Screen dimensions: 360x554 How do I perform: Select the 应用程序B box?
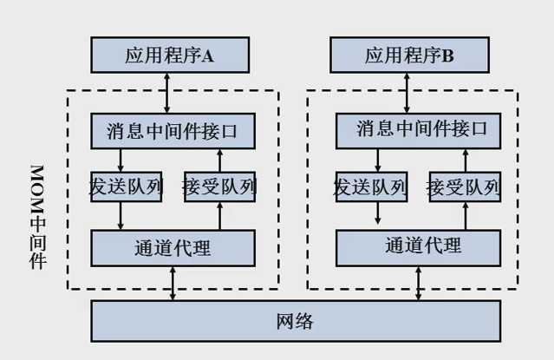pyautogui.click(x=409, y=56)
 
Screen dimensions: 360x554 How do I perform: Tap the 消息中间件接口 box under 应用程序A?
pyautogui.click(x=173, y=130)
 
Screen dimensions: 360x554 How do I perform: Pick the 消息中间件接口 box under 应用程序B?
pyautogui.click(x=420, y=129)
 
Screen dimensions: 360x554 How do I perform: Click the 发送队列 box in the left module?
pyautogui.click(x=127, y=187)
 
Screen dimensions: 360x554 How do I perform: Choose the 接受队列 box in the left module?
pyautogui.click(x=218, y=187)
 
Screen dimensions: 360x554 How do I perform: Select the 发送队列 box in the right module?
pyautogui.click(x=370, y=187)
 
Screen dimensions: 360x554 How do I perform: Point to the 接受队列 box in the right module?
pyautogui.click(x=464, y=187)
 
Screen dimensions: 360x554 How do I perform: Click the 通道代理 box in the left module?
pyautogui.click(x=173, y=247)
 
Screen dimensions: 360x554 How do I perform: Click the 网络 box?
pyautogui.click(x=295, y=321)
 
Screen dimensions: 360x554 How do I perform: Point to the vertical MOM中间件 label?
pyautogui.click(x=37, y=216)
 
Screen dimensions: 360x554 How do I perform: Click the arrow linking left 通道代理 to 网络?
pyautogui.click(x=173, y=283)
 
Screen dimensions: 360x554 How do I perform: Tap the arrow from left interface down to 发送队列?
pyautogui.click(x=121, y=160)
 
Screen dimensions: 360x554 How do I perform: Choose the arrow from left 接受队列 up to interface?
pyautogui.click(x=219, y=160)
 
